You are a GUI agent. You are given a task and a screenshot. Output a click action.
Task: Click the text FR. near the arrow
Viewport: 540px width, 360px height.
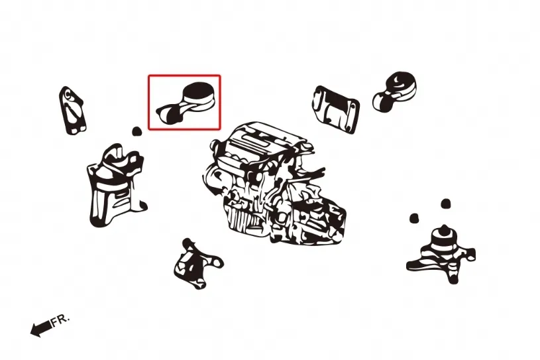tap(60, 320)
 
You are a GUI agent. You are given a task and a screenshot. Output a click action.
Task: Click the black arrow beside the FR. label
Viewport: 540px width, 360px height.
tap(41, 329)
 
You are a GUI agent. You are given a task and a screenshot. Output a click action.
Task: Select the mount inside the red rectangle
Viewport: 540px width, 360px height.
tap(186, 103)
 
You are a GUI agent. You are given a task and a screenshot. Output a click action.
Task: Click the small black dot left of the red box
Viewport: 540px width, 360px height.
tap(137, 131)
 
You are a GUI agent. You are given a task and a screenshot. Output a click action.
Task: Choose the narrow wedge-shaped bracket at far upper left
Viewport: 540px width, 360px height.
tap(72, 110)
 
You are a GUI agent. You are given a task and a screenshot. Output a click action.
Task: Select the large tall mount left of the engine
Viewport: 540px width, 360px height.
tap(116, 185)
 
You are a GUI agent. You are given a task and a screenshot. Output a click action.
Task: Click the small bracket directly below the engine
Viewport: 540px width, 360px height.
tap(197, 263)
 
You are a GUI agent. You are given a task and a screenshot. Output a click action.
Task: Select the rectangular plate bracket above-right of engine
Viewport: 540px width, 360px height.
tap(336, 109)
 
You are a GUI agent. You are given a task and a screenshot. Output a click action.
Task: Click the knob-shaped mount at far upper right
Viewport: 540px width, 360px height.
tap(394, 91)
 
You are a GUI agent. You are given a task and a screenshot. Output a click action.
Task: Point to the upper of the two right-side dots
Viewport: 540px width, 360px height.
tap(445, 204)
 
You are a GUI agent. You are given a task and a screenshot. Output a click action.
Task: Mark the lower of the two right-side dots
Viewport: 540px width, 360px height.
tap(414, 218)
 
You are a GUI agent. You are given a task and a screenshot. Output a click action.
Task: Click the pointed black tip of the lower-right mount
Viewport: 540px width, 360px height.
tap(445, 229)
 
